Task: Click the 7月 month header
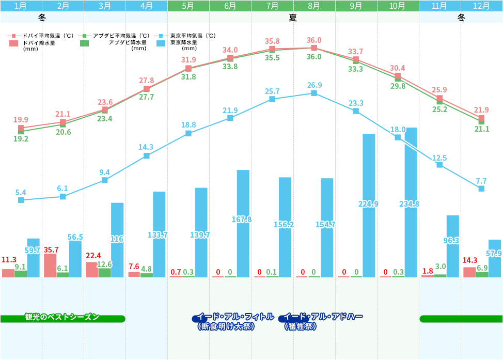[x=272, y=6]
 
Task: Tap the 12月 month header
[x=482, y=6]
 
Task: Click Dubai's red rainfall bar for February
[x=50, y=265]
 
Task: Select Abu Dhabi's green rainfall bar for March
[x=104, y=272]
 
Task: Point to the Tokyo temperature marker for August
[x=314, y=93]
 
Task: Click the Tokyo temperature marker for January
[x=21, y=200]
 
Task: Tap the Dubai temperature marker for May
[x=188, y=68]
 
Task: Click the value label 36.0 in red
[x=314, y=40]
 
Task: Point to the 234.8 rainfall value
[x=409, y=204]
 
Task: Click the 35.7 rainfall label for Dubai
[x=51, y=249]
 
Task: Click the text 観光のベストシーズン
[x=62, y=317]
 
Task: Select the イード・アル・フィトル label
[x=235, y=317]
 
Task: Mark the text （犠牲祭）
[x=301, y=326]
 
